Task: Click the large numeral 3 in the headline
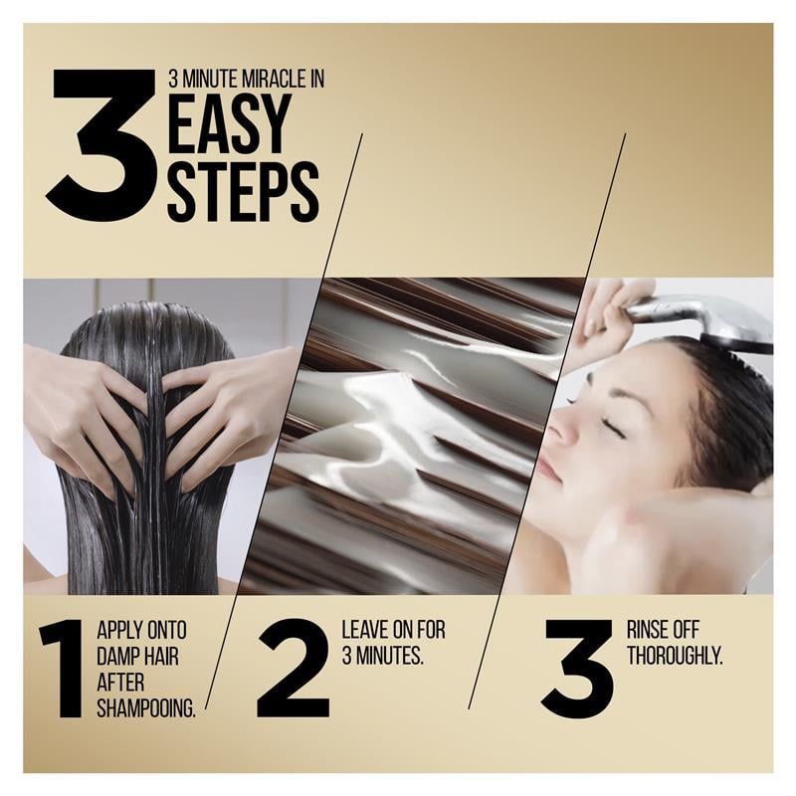point(100,146)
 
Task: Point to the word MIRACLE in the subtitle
point(260,80)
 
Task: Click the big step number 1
point(63,668)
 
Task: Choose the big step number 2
point(293,668)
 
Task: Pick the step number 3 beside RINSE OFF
point(577,668)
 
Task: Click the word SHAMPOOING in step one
point(146,708)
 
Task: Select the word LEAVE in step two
point(365,630)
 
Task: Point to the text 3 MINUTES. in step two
point(383,657)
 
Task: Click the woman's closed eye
point(606,428)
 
